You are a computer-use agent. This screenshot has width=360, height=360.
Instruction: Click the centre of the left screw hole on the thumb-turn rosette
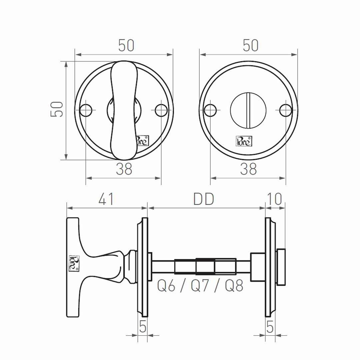pyautogui.click(x=86, y=110)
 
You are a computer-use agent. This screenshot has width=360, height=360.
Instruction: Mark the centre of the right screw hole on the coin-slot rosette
pyautogui.click(x=286, y=110)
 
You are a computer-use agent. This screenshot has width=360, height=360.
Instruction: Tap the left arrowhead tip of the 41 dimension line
pyautogui.click(x=67, y=208)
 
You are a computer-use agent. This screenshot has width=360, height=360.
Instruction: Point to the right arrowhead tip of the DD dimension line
pyautogui.click(x=265, y=208)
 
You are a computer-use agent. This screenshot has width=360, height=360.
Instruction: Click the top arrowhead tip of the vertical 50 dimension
pyautogui.click(x=66, y=62)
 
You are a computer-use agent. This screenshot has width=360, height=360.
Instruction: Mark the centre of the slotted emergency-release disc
pyautogui.click(x=248, y=110)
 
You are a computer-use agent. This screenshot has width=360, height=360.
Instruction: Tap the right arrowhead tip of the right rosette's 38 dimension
pyautogui.click(x=286, y=178)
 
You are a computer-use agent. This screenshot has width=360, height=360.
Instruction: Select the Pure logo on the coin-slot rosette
pyautogui.click(x=244, y=141)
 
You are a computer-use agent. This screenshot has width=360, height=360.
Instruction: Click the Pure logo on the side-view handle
pyautogui.click(x=74, y=263)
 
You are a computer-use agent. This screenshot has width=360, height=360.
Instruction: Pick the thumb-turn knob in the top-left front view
pyautogui.click(x=124, y=110)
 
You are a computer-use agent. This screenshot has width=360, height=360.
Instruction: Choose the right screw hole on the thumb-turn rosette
pyautogui.click(x=161, y=110)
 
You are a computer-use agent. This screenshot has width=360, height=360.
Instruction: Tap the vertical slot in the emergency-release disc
pyautogui.click(x=248, y=110)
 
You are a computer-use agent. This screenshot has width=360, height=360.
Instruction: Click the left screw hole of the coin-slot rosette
pyautogui.click(x=210, y=110)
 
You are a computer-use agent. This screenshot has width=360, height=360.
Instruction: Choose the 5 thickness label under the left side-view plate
pyautogui.click(x=143, y=327)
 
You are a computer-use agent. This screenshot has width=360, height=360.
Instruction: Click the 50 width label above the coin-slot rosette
pyautogui.click(x=250, y=45)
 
